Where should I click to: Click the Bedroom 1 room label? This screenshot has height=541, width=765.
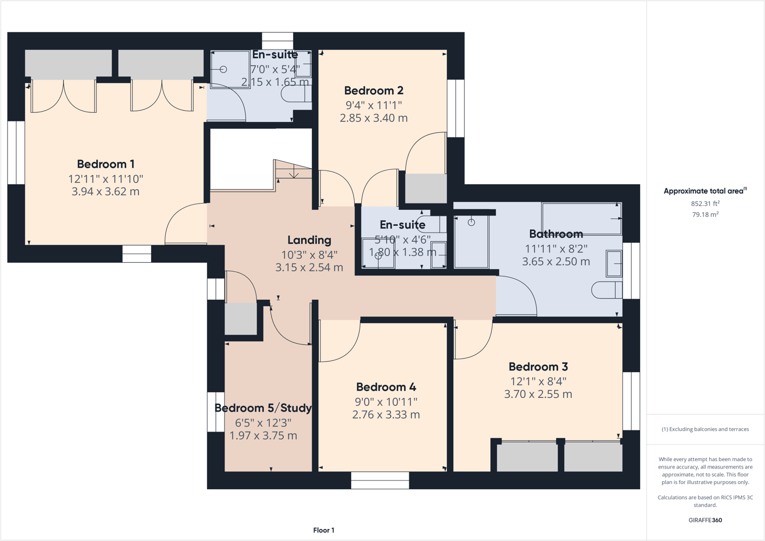[105, 164]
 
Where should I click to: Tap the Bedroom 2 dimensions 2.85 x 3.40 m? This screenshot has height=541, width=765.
[374, 118]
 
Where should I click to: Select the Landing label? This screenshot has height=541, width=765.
[309, 240]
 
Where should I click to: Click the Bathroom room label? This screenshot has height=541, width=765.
[556, 234]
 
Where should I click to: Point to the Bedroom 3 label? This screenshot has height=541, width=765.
[538, 367]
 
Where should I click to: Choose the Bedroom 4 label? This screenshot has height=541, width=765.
[386, 387]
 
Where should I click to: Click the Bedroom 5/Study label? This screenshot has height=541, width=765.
[263, 408]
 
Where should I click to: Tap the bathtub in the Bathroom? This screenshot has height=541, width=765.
[581, 218]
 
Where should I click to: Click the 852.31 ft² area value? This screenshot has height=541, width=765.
[705, 204]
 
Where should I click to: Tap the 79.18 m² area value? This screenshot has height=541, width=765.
[705, 215]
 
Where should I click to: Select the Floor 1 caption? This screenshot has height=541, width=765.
[324, 530]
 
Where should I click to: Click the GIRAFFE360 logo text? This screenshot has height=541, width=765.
[705, 520]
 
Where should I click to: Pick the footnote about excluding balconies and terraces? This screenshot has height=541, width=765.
[705, 429]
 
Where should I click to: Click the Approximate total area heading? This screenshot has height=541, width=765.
[705, 191]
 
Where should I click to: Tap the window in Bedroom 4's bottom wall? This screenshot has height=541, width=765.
[380, 481]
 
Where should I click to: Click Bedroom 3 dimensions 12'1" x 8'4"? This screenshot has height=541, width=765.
[538, 381]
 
